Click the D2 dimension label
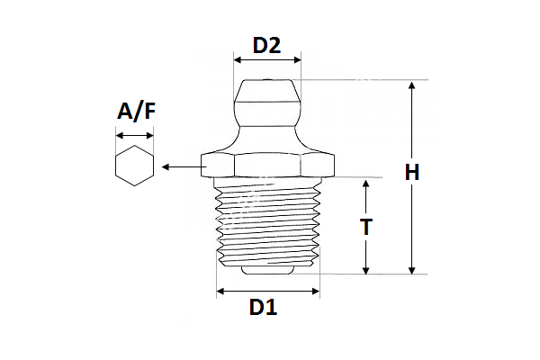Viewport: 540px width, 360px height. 266,44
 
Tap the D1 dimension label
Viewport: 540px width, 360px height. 263,308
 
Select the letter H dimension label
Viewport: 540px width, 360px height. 412,173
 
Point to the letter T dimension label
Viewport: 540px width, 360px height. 365,227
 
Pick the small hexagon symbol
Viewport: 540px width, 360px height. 134,166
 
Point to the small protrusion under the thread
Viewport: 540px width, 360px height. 267,269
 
